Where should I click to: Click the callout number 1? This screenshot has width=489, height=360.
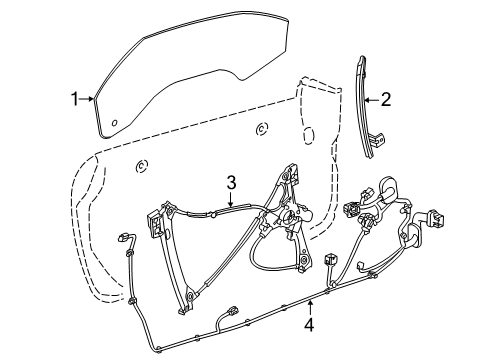pyautogui.click(x=73, y=98)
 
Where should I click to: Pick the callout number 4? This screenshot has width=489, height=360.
pyautogui.click(x=308, y=324)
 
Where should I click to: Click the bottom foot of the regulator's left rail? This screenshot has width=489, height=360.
pyautogui.click(x=189, y=295)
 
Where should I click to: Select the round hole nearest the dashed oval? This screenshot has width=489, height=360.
pyautogui.click(x=262, y=127)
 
